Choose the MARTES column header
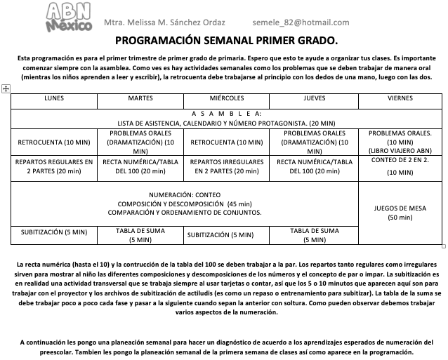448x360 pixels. (140, 99)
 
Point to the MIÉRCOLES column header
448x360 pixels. (227, 99)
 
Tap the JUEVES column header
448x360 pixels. (314, 99)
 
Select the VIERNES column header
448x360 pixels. (400, 99)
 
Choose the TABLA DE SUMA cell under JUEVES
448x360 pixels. (314, 235)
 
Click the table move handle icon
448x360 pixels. (6, 88)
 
